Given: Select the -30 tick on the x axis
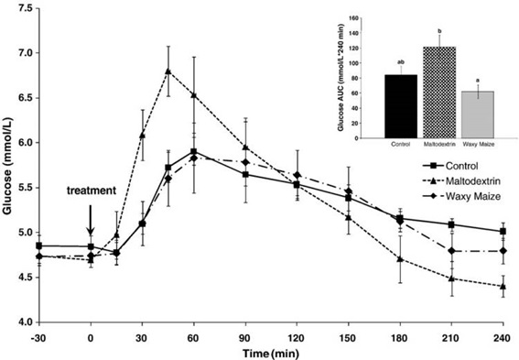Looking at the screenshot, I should tap(38, 336).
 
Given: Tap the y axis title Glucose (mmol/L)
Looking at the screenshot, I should tap(8, 165).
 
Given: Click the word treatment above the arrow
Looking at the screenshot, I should tap(91, 191).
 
